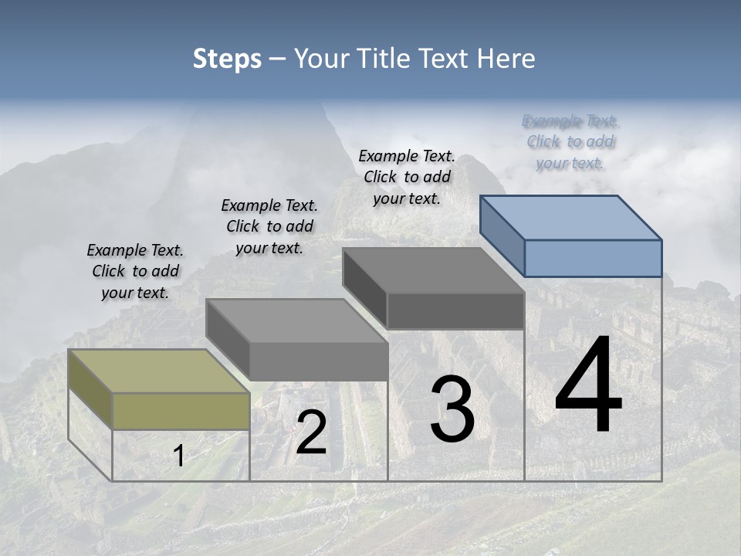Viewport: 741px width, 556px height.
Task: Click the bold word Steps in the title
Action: click(227, 59)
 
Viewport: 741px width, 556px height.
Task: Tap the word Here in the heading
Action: click(505, 59)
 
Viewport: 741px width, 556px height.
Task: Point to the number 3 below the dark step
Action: click(452, 409)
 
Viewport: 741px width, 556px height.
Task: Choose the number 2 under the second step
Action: click(311, 432)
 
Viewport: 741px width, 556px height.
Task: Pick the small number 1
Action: click(178, 456)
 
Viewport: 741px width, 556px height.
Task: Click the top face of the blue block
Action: click(571, 217)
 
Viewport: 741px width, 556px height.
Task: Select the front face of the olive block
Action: click(181, 411)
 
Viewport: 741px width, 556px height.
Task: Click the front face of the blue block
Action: click(593, 258)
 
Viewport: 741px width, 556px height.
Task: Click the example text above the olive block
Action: click(135, 272)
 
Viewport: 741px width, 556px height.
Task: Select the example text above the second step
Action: click(269, 226)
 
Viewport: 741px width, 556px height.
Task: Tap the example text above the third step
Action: click(407, 177)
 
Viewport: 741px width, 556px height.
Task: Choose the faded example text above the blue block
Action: click(570, 142)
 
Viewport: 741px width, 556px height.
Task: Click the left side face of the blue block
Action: click(502, 235)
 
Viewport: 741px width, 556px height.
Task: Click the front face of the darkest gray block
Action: click(455, 311)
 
